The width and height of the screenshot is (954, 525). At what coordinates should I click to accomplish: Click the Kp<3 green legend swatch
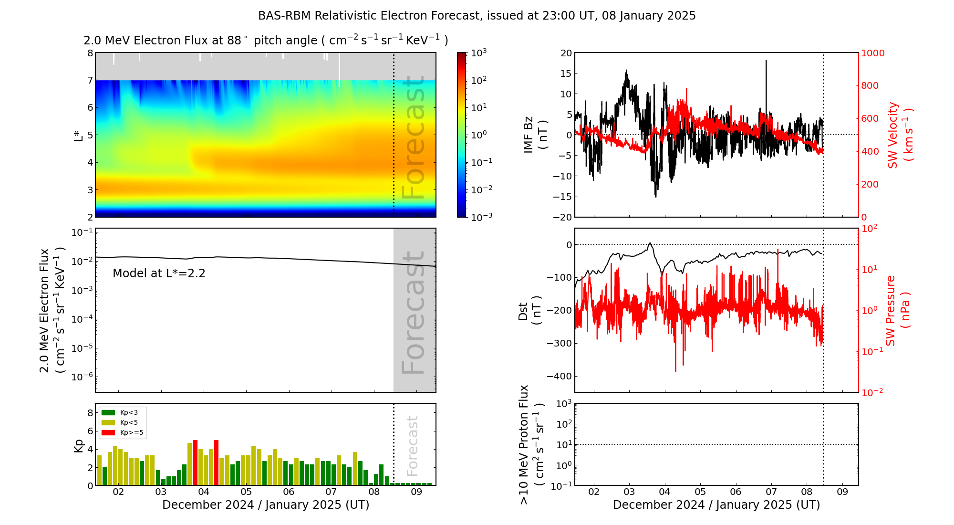tap(108, 412)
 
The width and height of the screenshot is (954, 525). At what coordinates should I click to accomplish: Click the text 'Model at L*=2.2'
tap(159, 273)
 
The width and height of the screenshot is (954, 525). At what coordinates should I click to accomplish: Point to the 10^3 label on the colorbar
tap(478, 52)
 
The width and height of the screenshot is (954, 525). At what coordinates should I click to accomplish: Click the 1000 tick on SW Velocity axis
tap(872, 53)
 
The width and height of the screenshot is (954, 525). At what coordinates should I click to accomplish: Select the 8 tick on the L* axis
tap(90, 53)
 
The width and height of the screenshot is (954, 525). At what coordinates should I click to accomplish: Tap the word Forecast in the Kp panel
tap(413, 446)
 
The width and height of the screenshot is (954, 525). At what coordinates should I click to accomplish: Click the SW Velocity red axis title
tap(899, 135)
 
